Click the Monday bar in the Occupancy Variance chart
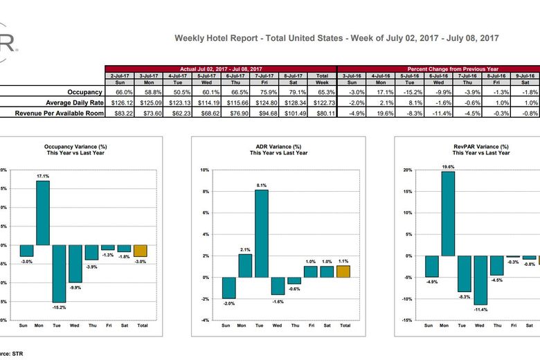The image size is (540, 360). [43, 213]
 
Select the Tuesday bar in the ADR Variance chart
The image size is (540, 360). [260, 233]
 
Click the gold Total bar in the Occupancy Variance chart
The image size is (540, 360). [140, 251]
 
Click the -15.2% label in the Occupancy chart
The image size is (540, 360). [58, 306]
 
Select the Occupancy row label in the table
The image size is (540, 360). [85, 92]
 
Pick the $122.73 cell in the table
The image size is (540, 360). [322, 102]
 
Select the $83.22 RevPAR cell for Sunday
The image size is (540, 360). [118, 113]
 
